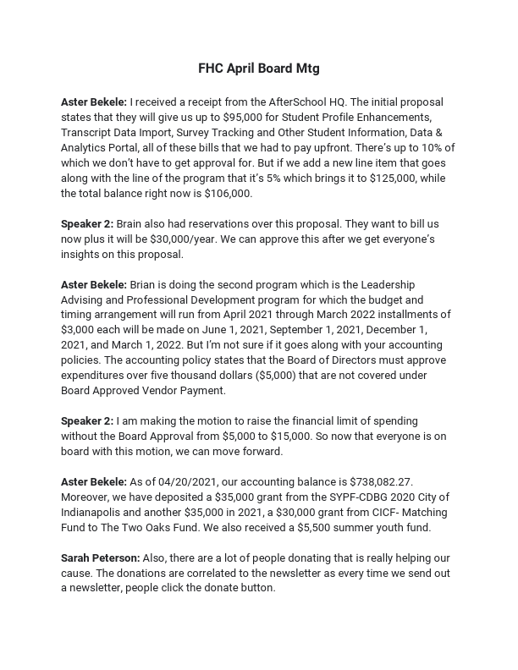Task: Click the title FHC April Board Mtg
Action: pos(259,68)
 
